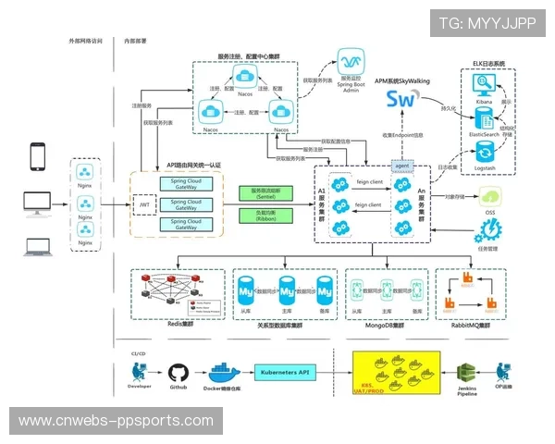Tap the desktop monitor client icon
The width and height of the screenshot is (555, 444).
click(38, 200)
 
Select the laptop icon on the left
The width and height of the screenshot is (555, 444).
click(38, 246)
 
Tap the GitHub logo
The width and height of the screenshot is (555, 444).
click(179, 372)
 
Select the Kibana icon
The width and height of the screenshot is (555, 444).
click(483, 87)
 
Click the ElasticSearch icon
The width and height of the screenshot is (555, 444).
click(483, 118)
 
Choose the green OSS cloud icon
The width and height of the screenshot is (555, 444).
click(489, 197)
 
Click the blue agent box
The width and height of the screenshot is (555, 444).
click(401, 165)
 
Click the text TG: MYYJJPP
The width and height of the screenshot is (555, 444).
click(487, 23)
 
